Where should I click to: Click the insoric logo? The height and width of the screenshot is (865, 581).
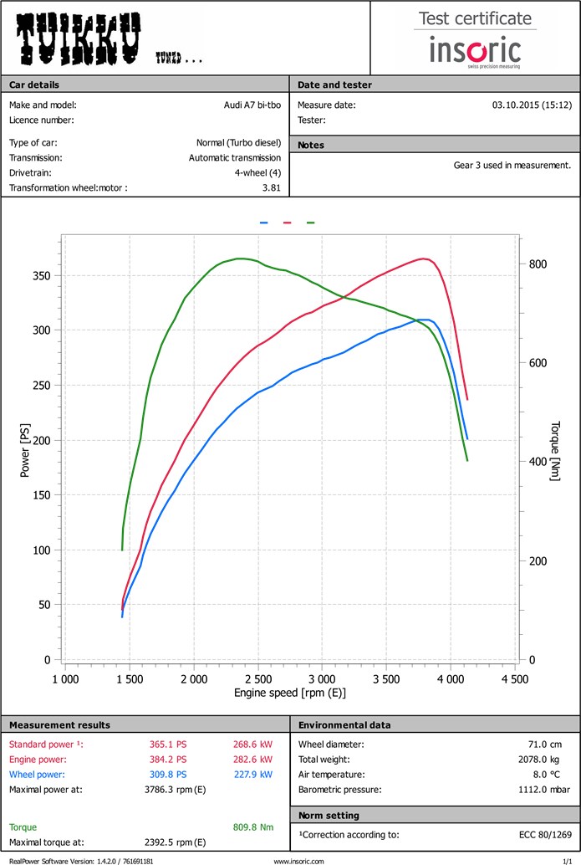pos(475,50)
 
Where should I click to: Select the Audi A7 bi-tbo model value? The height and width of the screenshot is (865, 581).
pos(247,105)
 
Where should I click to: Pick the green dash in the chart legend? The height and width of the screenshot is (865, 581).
pos(311,223)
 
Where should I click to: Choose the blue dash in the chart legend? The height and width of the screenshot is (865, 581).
pos(264,223)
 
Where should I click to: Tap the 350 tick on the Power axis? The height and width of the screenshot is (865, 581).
pos(40,276)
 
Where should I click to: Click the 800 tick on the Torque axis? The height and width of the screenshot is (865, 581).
pos(538,264)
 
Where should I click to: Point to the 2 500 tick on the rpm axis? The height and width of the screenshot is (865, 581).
pos(258,679)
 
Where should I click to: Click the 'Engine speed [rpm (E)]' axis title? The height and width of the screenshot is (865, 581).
pos(290,694)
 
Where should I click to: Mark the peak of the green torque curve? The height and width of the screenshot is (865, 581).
pos(239,258)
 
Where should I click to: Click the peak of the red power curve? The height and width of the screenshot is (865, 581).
pos(425,258)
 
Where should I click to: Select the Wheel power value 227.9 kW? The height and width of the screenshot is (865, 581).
pos(253,775)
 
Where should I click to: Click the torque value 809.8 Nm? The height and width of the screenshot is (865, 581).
pos(253,827)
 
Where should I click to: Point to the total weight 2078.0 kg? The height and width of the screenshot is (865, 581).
pos(548,760)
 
